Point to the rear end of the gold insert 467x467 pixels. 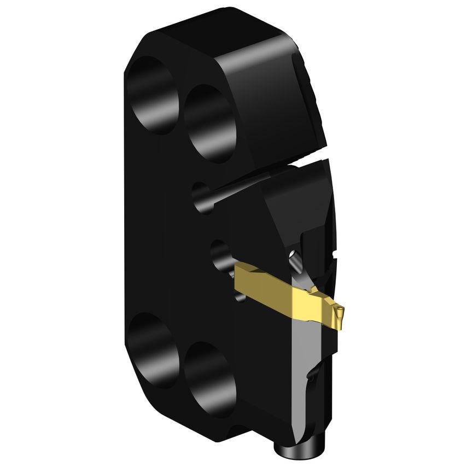[x=241, y=271]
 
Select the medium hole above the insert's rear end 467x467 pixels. [x=221, y=254]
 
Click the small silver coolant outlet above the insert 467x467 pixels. [x=295, y=259]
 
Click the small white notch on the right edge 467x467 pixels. [x=334, y=255]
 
